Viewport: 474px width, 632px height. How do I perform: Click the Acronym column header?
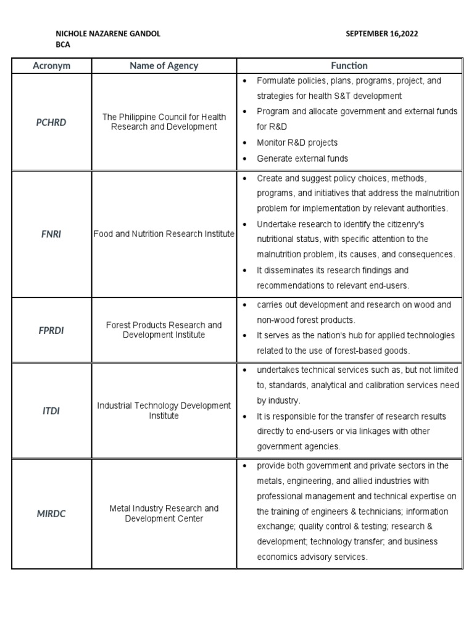click(x=51, y=65)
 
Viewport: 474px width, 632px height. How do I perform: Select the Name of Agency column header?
click(x=164, y=65)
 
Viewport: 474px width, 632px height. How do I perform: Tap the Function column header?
click(x=349, y=65)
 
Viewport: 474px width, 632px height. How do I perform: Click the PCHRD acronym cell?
click(x=51, y=122)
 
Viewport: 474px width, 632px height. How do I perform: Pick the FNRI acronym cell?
click(x=51, y=235)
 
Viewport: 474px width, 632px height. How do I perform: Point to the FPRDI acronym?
click(x=51, y=330)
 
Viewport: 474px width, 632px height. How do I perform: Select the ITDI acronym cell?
click(x=51, y=411)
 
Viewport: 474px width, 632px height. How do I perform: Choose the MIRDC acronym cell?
click(x=51, y=513)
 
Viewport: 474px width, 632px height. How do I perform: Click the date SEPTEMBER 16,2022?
click(x=382, y=34)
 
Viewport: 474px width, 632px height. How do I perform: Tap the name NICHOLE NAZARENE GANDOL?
click(x=108, y=34)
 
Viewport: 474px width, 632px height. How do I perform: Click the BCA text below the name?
click(x=62, y=45)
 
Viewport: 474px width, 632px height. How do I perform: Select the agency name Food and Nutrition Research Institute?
click(x=164, y=235)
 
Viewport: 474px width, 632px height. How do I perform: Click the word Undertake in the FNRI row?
click(x=275, y=223)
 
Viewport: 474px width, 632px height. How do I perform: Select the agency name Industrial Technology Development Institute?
click(x=164, y=411)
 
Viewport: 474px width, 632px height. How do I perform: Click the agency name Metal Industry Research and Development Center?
click(x=164, y=513)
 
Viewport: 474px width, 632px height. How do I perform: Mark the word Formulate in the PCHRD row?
click(x=276, y=81)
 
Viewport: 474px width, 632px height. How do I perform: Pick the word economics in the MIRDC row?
click(x=278, y=557)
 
